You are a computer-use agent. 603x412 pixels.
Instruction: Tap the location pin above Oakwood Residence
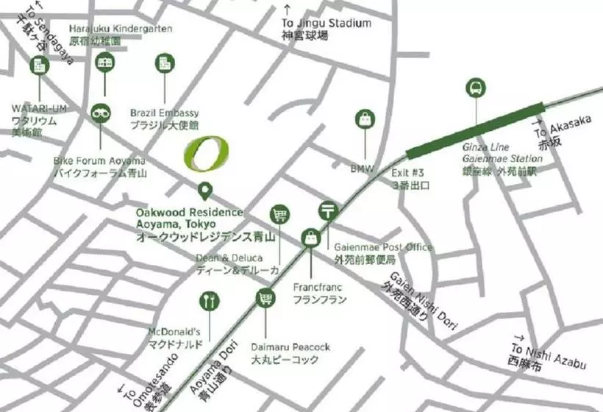[x=206, y=191]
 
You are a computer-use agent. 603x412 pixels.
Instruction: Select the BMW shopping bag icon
[x=365, y=120]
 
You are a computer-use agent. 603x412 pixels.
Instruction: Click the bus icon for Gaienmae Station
[x=476, y=88]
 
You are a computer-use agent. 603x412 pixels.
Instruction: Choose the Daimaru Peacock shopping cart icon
[x=265, y=299]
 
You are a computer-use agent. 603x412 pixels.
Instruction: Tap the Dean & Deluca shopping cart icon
[x=279, y=215]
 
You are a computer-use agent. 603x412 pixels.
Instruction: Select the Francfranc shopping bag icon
[x=311, y=238]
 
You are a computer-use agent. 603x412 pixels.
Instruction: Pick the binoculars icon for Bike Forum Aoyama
[x=101, y=113]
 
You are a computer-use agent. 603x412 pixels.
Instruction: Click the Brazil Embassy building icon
[x=165, y=63]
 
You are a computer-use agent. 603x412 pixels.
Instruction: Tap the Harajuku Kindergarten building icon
[x=104, y=63]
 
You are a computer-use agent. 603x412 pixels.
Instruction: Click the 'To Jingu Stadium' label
[x=327, y=23]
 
